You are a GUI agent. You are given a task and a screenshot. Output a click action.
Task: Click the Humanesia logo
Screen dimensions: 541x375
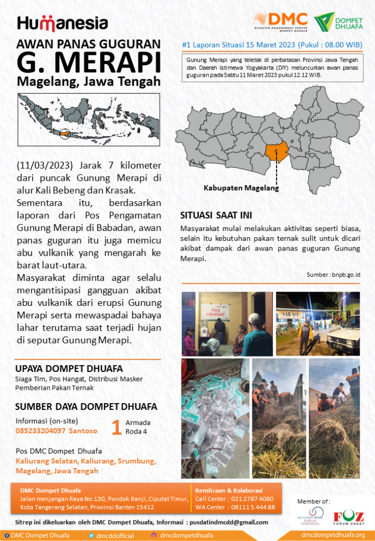pos(62,23)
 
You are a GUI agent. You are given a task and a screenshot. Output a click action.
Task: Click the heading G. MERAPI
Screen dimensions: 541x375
pos(88,63)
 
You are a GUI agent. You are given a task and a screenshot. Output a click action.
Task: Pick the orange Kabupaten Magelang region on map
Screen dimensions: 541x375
pos(278,151)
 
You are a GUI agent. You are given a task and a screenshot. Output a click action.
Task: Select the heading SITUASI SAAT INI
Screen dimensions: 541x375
pos(216,216)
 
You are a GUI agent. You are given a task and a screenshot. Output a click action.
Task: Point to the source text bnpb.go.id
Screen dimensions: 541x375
pos(346,275)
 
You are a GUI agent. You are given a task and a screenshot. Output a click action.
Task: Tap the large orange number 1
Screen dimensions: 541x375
pos(116,427)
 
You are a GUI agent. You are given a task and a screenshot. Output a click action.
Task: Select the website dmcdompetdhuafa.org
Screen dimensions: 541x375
pos(333,535)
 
